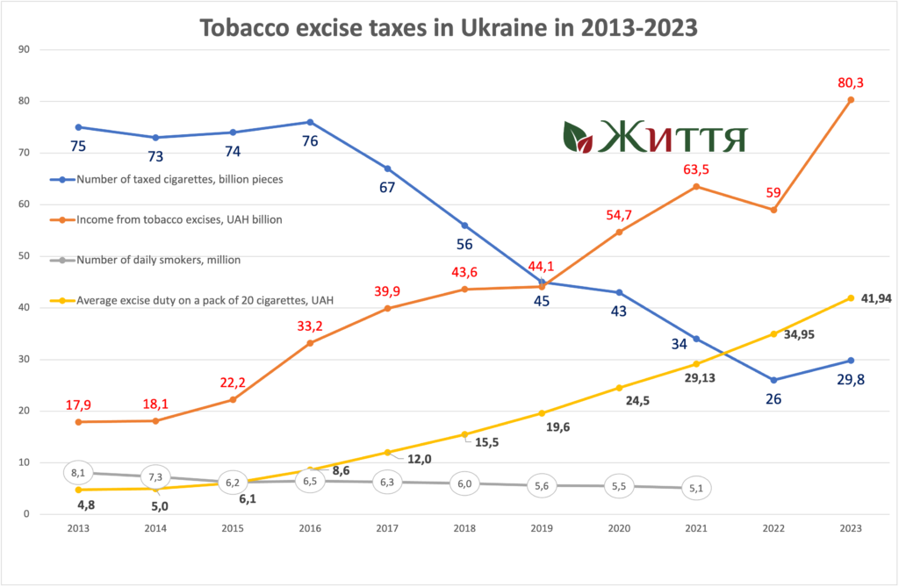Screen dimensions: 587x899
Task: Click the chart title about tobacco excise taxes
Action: pyautogui.click(x=449, y=28)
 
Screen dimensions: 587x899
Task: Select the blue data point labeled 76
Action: pyautogui.click(x=311, y=122)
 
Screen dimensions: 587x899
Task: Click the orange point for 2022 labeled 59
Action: pyautogui.click(x=773, y=210)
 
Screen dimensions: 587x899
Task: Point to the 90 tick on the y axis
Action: pyautogui.click(x=25, y=49)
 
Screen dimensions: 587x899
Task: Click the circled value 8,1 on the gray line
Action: pyautogui.click(x=77, y=472)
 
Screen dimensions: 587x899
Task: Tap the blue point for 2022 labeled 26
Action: pyautogui.click(x=773, y=380)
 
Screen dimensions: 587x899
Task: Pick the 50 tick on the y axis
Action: pyautogui.click(x=25, y=256)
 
